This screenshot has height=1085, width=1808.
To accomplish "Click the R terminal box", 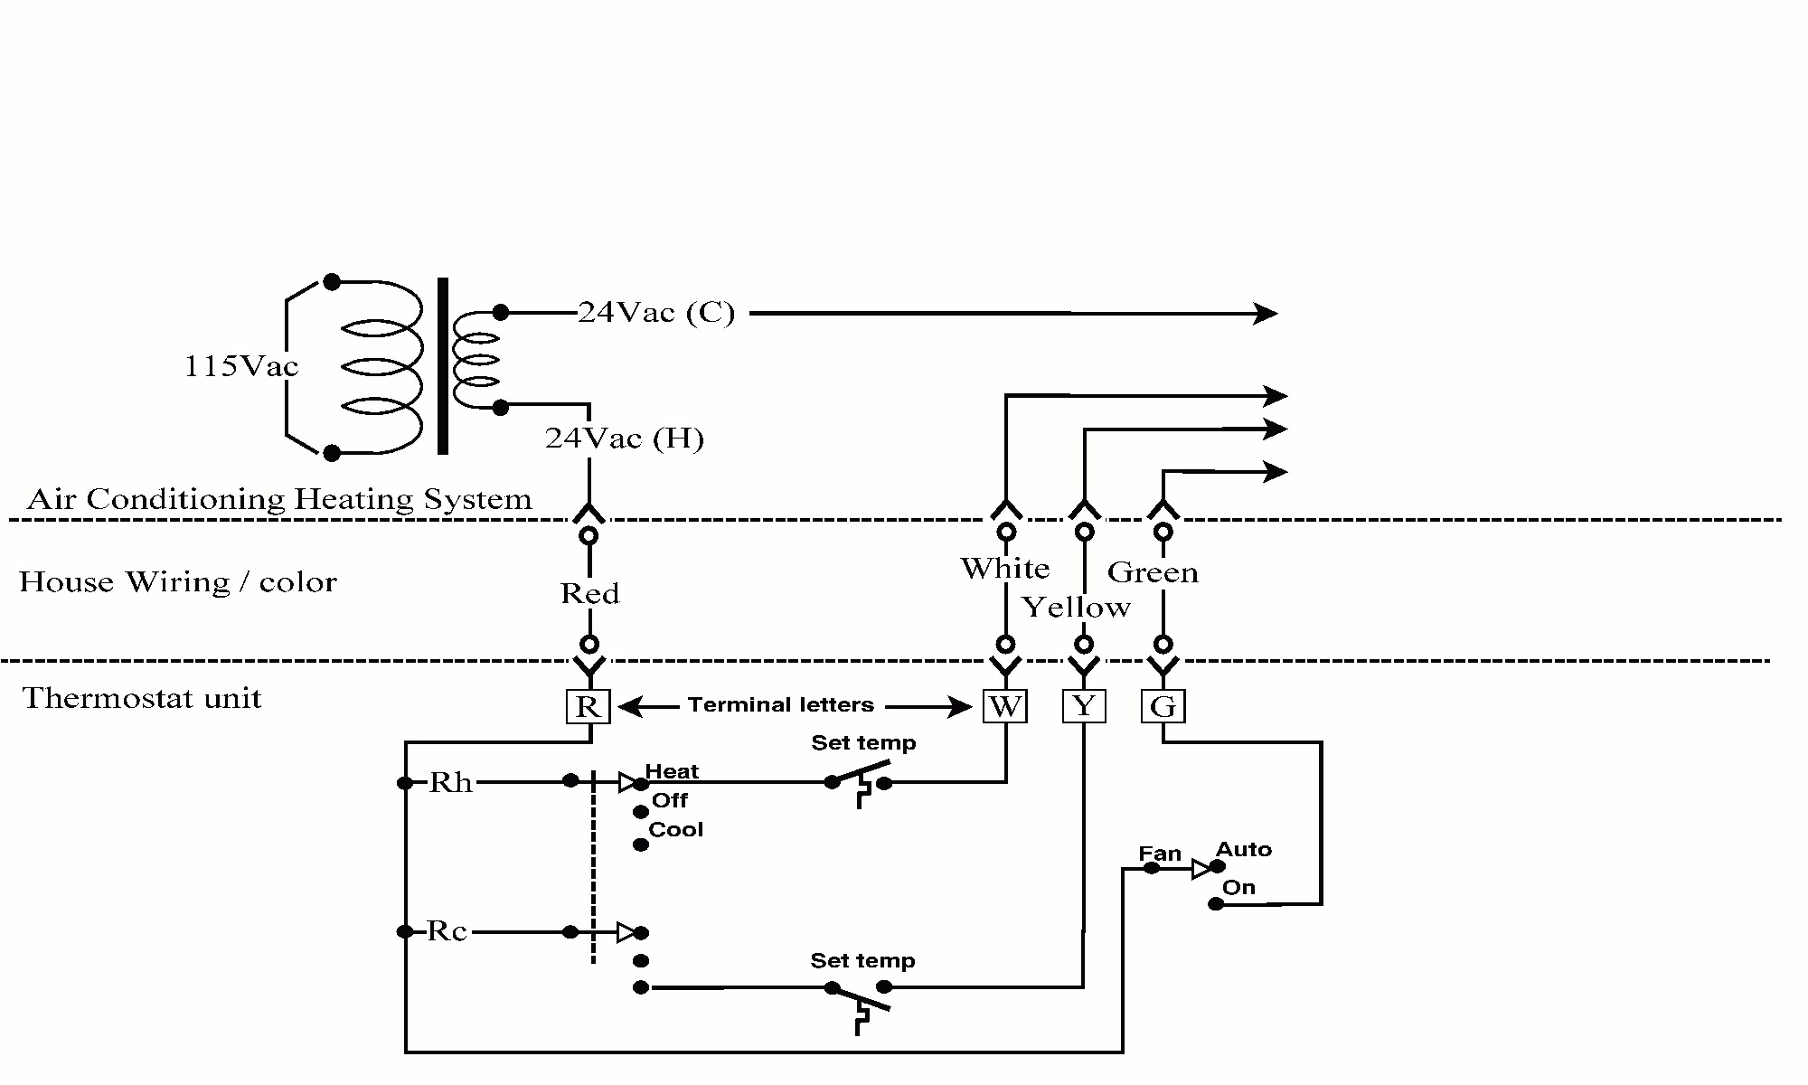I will [x=589, y=706].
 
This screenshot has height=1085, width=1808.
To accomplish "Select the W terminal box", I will [x=1005, y=706].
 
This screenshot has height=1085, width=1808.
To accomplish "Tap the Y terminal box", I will [x=1084, y=706].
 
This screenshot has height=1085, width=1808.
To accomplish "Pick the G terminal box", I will [x=1163, y=706].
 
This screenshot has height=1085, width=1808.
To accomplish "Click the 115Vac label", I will [x=240, y=366].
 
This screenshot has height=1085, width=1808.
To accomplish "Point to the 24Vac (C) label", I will [x=656, y=313].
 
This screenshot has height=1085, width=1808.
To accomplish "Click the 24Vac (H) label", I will [x=624, y=439].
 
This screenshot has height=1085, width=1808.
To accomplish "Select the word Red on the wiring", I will [x=589, y=594].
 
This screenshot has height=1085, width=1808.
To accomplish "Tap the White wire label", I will [x=1004, y=569].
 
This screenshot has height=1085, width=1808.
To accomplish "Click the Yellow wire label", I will [x=1076, y=608].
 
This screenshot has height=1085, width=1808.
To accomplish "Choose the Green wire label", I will [x=1153, y=572].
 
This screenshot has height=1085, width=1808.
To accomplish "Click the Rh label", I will [x=450, y=782].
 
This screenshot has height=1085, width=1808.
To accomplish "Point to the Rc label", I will [x=447, y=931].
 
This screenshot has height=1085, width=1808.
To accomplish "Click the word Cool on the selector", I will [x=675, y=830].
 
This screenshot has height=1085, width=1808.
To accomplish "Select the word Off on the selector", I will [x=670, y=801].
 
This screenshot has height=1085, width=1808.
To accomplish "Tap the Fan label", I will [x=1160, y=854].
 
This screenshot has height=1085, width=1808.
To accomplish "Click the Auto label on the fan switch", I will [x=1243, y=850].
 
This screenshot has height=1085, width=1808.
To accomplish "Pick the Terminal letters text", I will [x=780, y=705].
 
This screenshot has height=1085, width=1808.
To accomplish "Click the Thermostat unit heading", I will [x=142, y=698].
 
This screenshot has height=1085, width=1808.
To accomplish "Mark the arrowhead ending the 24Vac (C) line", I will [x=1266, y=314].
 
